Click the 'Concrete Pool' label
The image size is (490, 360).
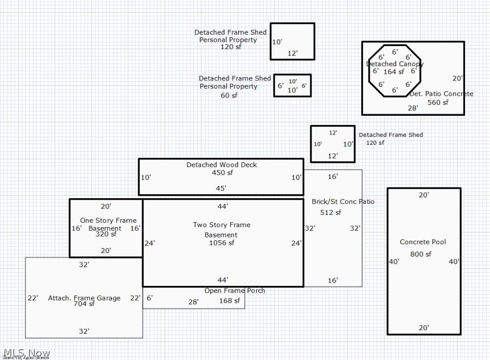point(422,242)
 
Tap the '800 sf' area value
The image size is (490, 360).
point(420,254)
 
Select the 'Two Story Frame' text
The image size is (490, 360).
point(221,225)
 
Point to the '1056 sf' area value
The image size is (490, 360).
point(221,243)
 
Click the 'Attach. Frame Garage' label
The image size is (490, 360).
point(84,298)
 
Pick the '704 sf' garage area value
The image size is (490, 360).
point(84,304)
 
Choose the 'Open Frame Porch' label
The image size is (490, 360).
point(235,291)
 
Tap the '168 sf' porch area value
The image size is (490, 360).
point(229,301)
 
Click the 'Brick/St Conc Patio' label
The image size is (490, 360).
point(343,202)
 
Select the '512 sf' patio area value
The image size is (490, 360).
point(331,212)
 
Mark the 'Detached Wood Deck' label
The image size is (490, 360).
point(221,165)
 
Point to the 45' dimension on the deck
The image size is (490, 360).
point(221,188)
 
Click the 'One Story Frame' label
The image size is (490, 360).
point(108,221)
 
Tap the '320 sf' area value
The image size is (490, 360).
point(106,234)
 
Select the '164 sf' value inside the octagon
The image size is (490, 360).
point(393,72)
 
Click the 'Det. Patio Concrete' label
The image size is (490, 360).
point(441,94)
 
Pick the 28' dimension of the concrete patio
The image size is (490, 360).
point(413,108)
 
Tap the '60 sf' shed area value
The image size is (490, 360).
point(229,95)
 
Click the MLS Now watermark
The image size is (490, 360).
point(26,353)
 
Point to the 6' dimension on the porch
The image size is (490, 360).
point(149,298)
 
